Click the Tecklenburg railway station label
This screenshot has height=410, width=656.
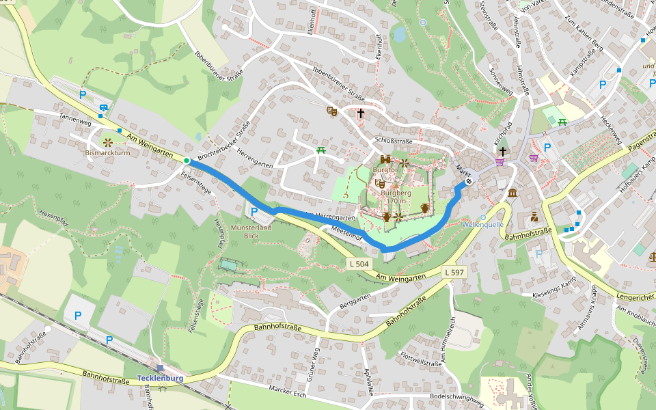click(160, 378)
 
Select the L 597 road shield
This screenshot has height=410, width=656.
click(454, 272)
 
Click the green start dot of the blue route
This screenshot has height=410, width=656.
click(187, 161)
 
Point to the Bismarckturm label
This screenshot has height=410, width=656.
click(107, 153)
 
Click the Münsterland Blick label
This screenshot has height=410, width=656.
click(251, 232)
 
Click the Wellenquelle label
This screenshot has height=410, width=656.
click(483, 224)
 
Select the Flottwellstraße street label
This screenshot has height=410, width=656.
click(422, 359)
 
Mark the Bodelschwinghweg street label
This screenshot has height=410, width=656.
click(457, 400)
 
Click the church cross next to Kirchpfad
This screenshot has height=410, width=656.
click(503, 151)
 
